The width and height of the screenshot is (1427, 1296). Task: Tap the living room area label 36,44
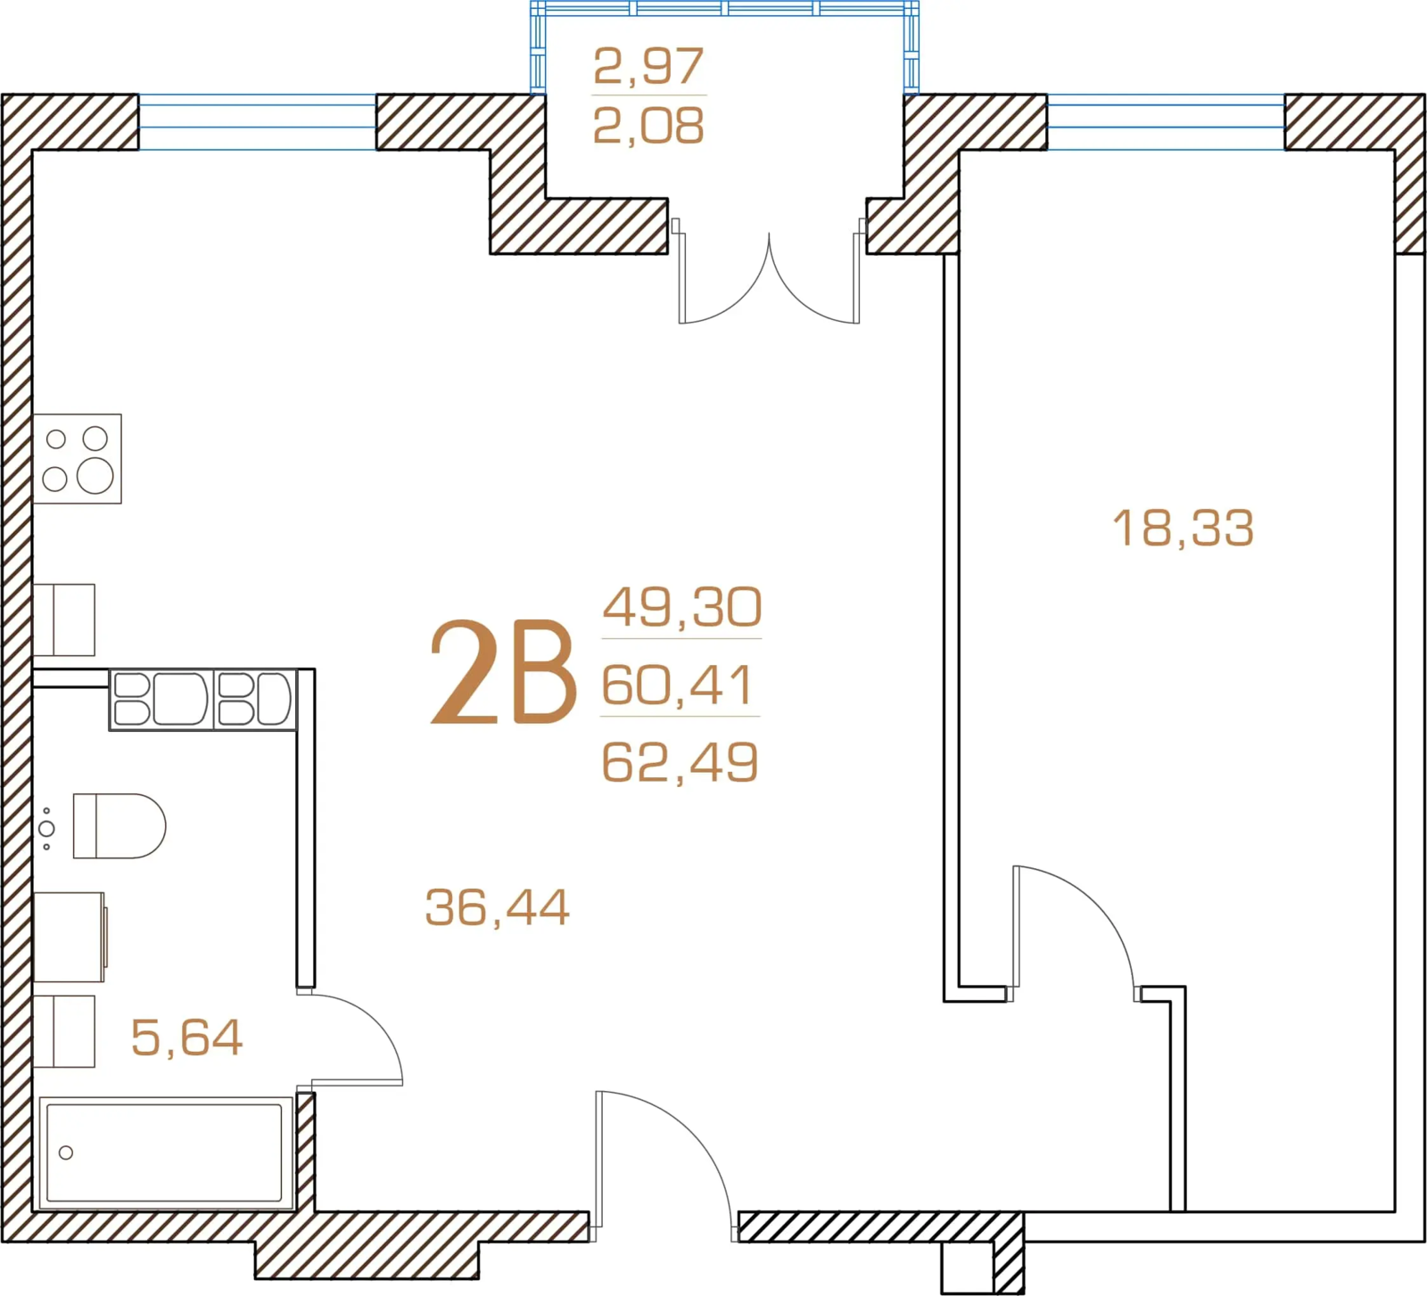click(497, 907)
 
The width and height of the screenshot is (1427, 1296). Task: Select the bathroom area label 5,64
click(186, 1038)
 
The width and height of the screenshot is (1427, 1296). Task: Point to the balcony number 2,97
click(648, 66)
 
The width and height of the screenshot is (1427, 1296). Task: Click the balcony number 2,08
click(648, 126)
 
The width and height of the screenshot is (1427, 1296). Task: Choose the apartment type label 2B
click(503, 672)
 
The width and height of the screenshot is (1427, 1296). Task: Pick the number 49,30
click(682, 607)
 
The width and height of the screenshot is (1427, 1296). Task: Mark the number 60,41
click(678, 685)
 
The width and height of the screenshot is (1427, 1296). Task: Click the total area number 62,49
click(681, 762)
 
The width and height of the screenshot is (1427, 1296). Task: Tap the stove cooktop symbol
click(78, 459)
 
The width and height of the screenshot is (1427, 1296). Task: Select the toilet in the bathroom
click(119, 826)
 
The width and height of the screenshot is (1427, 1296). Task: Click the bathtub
click(166, 1153)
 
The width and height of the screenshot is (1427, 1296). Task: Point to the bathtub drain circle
click(66, 1152)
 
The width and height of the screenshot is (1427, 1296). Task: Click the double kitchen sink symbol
click(203, 699)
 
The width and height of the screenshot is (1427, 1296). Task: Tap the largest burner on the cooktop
click(95, 476)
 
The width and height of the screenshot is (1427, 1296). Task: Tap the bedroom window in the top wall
click(1166, 122)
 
